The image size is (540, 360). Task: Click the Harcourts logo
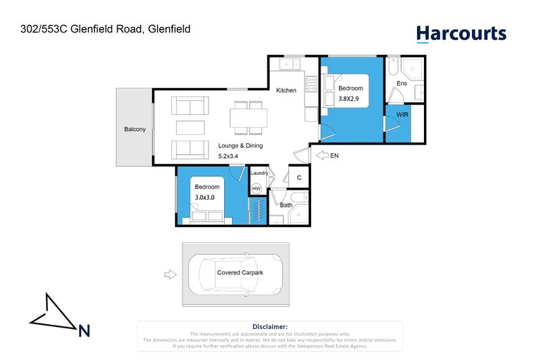[460, 33]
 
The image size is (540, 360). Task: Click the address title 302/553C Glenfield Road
[104, 29]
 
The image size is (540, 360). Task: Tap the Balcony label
[134, 129]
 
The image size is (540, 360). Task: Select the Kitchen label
[286, 91]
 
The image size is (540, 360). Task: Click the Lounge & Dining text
[240, 145]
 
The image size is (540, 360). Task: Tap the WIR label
[402, 115]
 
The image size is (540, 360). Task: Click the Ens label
[402, 83]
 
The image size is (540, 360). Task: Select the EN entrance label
[334, 155]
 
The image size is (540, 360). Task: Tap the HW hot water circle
[256, 188]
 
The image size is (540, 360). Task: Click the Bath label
[286, 205]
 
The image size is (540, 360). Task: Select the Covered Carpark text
[240, 273]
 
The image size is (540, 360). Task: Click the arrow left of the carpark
[169, 274]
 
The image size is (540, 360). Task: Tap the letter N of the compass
[84, 330]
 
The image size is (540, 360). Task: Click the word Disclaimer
[269, 326]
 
